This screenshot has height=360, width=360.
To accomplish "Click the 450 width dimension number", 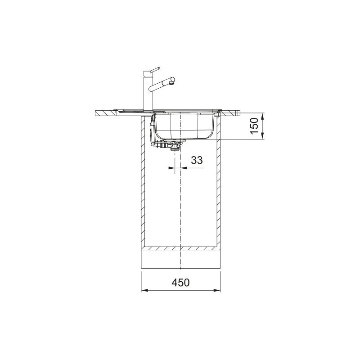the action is tap(181, 283).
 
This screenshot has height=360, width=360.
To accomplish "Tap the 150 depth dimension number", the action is tap(254, 126).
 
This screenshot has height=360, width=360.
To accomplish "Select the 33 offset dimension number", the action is tap(197, 160).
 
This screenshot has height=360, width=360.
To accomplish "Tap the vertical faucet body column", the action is tap(148, 91).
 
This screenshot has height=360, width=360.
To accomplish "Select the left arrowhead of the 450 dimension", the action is tap(144, 290).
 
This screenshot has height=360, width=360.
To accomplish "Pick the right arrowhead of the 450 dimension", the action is tap(217, 290).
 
